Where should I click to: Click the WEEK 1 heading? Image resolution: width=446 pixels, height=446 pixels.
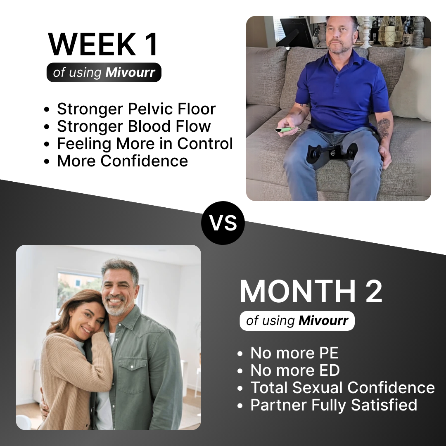pyautogui.click(x=103, y=44)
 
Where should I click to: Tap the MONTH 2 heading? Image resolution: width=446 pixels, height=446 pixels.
pyautogui.click(x=311, y=292)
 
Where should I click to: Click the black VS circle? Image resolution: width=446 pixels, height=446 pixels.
pyautogui.click(x=223, y=223)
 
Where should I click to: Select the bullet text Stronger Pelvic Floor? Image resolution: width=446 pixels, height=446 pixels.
pyautogui.click(x=136, y=109)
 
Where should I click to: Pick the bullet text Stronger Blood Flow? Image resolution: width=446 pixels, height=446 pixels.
pyautogui.click(x=134, y=126)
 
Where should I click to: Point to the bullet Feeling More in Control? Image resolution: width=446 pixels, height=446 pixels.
pyautogui.click(x=145, y=144)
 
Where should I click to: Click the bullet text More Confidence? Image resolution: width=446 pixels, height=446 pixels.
pyautogui.click(x=122, y=161)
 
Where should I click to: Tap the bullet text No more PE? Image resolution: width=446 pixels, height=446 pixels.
pyautogui.click(x=294, y=353)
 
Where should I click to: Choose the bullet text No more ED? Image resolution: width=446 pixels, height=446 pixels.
pyautogui.click(x=295, y=370)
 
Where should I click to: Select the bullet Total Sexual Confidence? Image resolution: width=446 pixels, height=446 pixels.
pyautogui.click(x=342, y=388)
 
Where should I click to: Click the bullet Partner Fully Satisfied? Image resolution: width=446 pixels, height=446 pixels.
pyautogui.click(x=334, y=405)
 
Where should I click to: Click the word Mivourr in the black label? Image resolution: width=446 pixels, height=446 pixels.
pyautogui.click(x=130, y=73)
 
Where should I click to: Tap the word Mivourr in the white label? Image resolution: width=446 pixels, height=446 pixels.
pyautogui.click(x=323, y=321)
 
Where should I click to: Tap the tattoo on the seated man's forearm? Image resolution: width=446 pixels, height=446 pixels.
pyautogui.click(x=383, y=128)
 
